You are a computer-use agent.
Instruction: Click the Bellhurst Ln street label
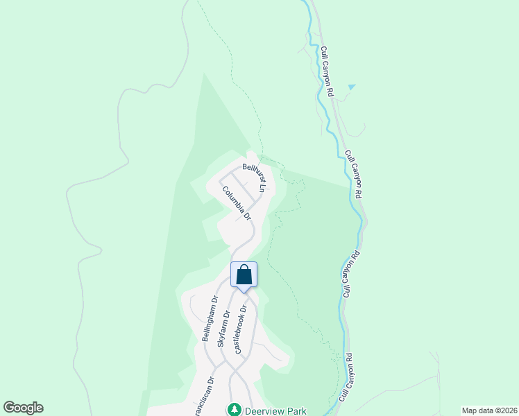tap(254, 177)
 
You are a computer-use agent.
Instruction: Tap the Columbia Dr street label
tap(236, 202)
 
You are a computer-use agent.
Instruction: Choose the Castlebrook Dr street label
tap(241, 330)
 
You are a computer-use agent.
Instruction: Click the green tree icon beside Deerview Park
tap(235, 410)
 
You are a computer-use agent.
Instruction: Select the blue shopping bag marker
tap(244, 275)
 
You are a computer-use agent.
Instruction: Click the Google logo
tap(23, 408)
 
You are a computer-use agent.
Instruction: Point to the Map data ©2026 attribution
tap(490, 410)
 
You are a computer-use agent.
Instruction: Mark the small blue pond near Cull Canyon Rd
tap(351, 87)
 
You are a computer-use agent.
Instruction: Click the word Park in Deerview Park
tap(296, 410)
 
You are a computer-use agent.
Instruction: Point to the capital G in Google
tap(9, 408)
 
